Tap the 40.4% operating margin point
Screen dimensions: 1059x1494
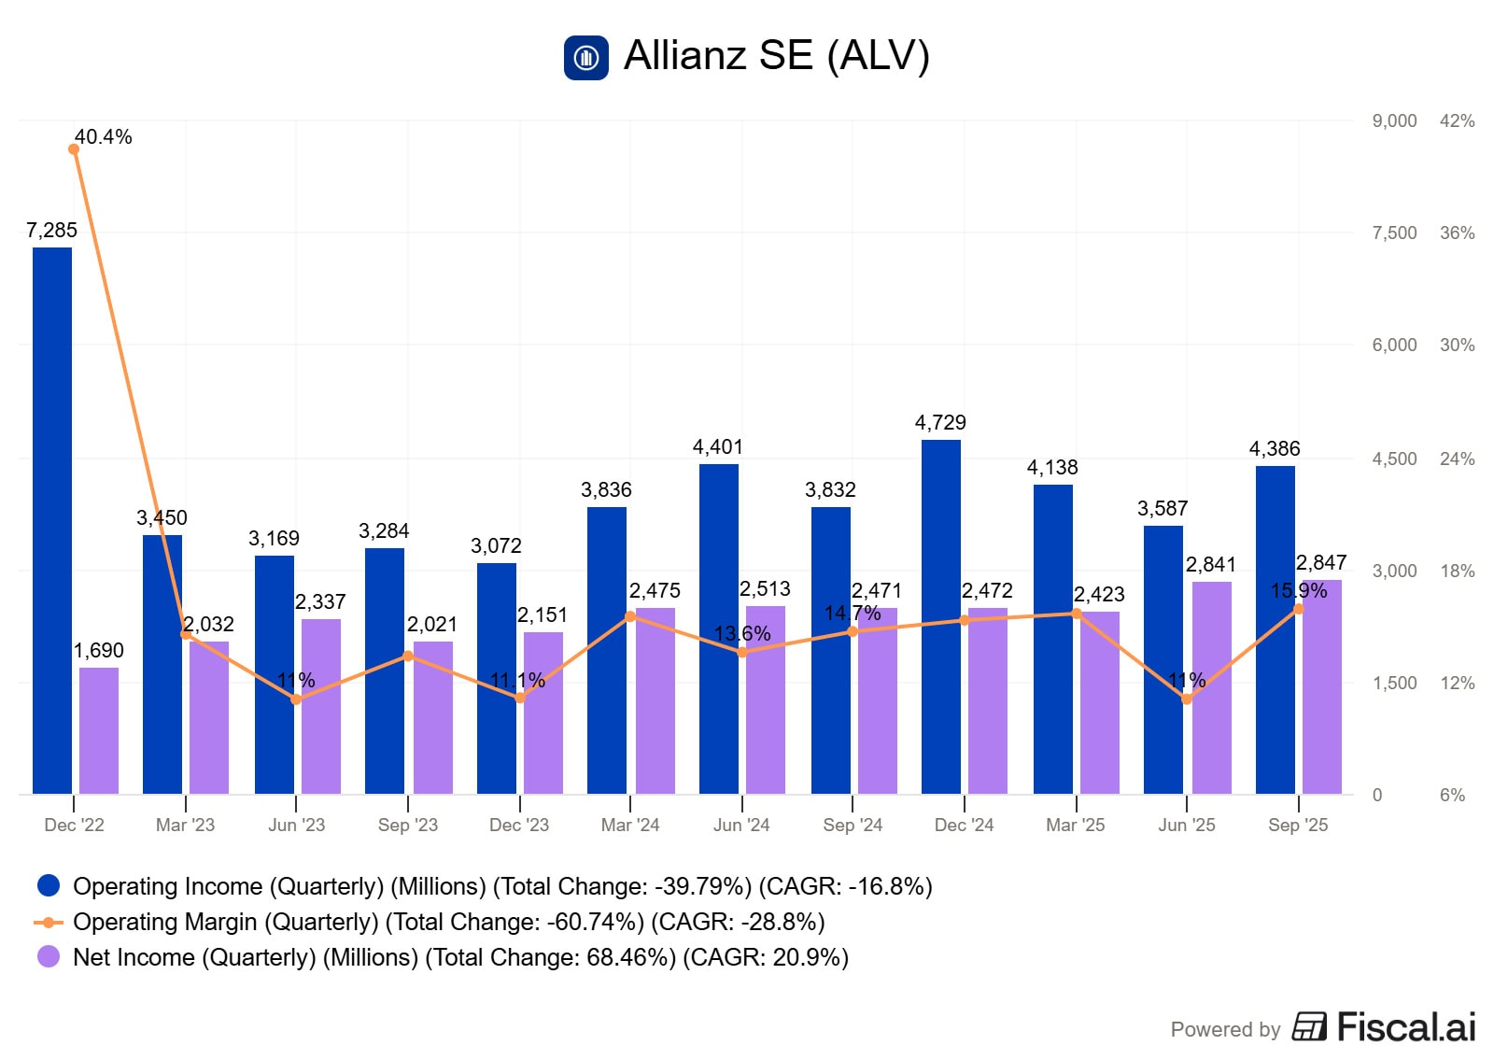(74, 149)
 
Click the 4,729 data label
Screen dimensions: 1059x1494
(940, 423)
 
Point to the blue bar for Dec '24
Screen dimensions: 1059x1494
(941, 616)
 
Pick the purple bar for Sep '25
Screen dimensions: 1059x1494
(1322, 691)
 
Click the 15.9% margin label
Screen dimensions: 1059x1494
(1298, 591)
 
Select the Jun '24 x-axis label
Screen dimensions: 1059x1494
(741, 826)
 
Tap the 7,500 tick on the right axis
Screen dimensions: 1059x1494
(1394, 233)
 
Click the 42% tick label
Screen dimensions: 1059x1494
(1457, 120)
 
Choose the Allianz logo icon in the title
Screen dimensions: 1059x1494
(586, 58)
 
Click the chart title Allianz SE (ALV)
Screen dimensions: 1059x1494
(777, 55)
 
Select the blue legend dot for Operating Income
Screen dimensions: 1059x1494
(49, 885)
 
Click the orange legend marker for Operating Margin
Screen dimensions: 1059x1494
(49, 922)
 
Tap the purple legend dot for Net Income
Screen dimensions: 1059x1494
(49, 957)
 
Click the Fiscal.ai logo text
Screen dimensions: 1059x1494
(1406, 1027)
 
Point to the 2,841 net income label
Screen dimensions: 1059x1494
(1210, 565)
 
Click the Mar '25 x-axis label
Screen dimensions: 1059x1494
(1075, 826)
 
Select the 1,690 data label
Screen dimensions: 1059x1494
(99, 651)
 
